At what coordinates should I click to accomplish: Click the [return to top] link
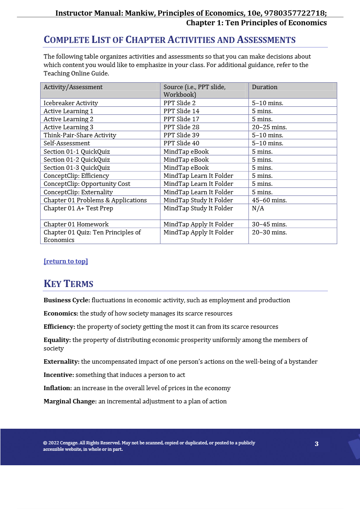coord(65,261)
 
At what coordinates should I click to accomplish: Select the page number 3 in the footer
coord(317,444)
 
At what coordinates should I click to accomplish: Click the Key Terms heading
coord(68,284)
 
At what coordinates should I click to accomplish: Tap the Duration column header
coord(264,87)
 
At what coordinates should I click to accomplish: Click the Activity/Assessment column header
coord(73,87)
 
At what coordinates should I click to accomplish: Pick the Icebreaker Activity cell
coord(71,103)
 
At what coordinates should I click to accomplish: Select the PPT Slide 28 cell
coord(181,127)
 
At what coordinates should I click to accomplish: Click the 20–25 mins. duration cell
coord(269,127)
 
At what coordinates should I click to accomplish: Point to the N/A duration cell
coord(258,208)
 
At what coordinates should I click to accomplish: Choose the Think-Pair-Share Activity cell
coord(80,135)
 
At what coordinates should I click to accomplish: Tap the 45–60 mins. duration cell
coord(269,200)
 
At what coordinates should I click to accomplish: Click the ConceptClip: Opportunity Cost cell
coord(87,184)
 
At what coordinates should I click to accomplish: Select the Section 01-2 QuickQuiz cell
coord(76,160)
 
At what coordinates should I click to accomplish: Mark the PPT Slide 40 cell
coord(181,143)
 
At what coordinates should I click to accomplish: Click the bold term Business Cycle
coord(66,300)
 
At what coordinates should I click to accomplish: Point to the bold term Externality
coord(61,362)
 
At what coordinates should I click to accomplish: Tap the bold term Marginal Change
coord(70,401)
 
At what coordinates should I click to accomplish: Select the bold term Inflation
coord(57,388)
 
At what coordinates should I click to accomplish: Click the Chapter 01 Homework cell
coord(76,224)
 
